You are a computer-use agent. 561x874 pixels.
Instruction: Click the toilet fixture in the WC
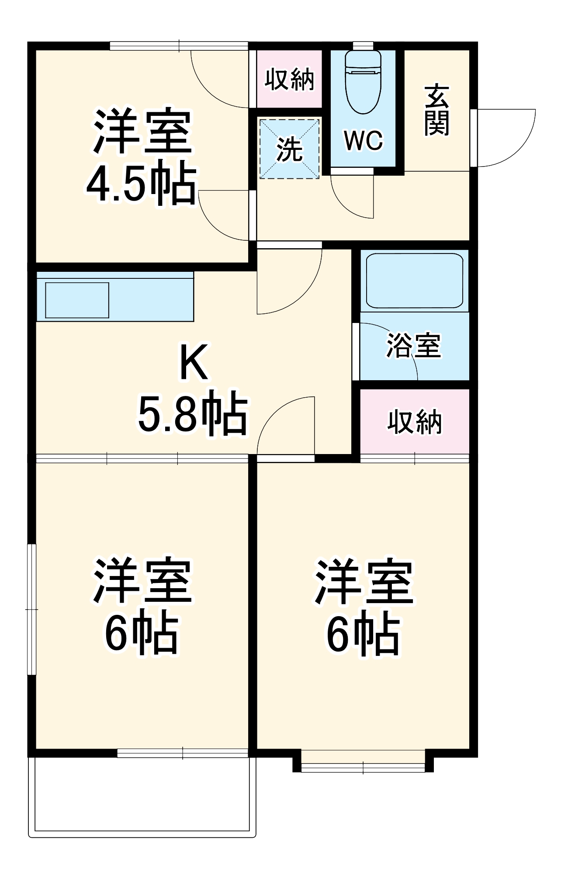(363, 81)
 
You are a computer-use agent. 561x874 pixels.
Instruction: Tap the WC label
(363, 140)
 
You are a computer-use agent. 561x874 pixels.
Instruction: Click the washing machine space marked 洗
(290, 149)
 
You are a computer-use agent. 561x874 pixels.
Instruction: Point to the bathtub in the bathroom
(414, 281)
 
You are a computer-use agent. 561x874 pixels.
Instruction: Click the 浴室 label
(413, 346)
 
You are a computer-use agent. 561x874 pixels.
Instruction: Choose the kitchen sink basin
(77, 300)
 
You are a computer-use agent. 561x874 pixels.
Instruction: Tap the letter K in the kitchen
(193, 362)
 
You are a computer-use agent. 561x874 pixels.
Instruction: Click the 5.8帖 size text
(193, 413)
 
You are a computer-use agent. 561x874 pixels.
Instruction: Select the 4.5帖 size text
(141, 183)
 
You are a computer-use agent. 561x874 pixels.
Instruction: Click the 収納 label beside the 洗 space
(289, 80)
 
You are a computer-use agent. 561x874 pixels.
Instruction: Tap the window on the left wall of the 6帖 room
(31, 609)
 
